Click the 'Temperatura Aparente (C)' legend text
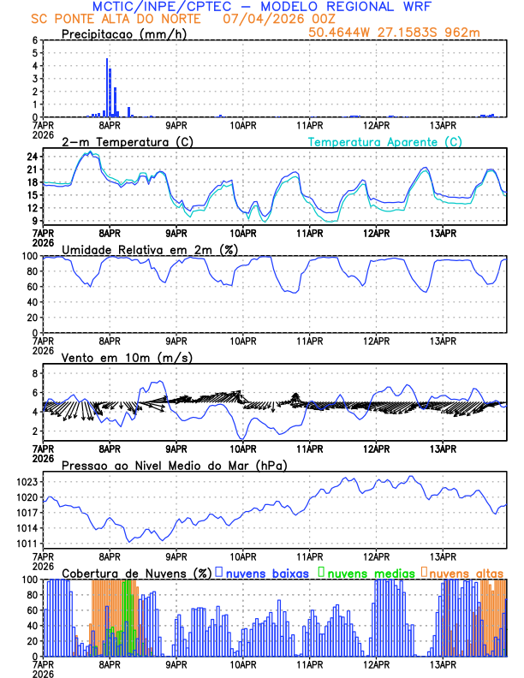[x=385, y=141]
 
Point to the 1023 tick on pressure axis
[x=27, y=482]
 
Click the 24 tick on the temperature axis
[x=32, y=157]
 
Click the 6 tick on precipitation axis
[x=35, y=40]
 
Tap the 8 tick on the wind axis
[x=35, y=374]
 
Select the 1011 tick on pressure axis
[x=27, y=544]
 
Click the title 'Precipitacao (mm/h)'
[x=120, y=34]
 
